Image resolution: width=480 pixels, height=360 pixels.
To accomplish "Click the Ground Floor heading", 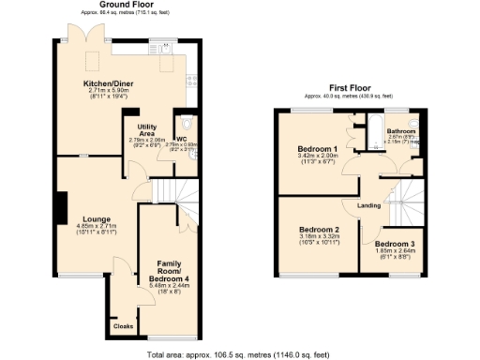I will [127, 5].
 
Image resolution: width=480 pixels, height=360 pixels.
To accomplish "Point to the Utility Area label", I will [145, 128].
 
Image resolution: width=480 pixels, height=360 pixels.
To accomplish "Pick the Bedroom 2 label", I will [318, 229].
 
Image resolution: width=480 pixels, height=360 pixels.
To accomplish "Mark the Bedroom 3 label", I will [407, 243].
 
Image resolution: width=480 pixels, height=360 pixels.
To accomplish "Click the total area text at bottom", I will [240, 354].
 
